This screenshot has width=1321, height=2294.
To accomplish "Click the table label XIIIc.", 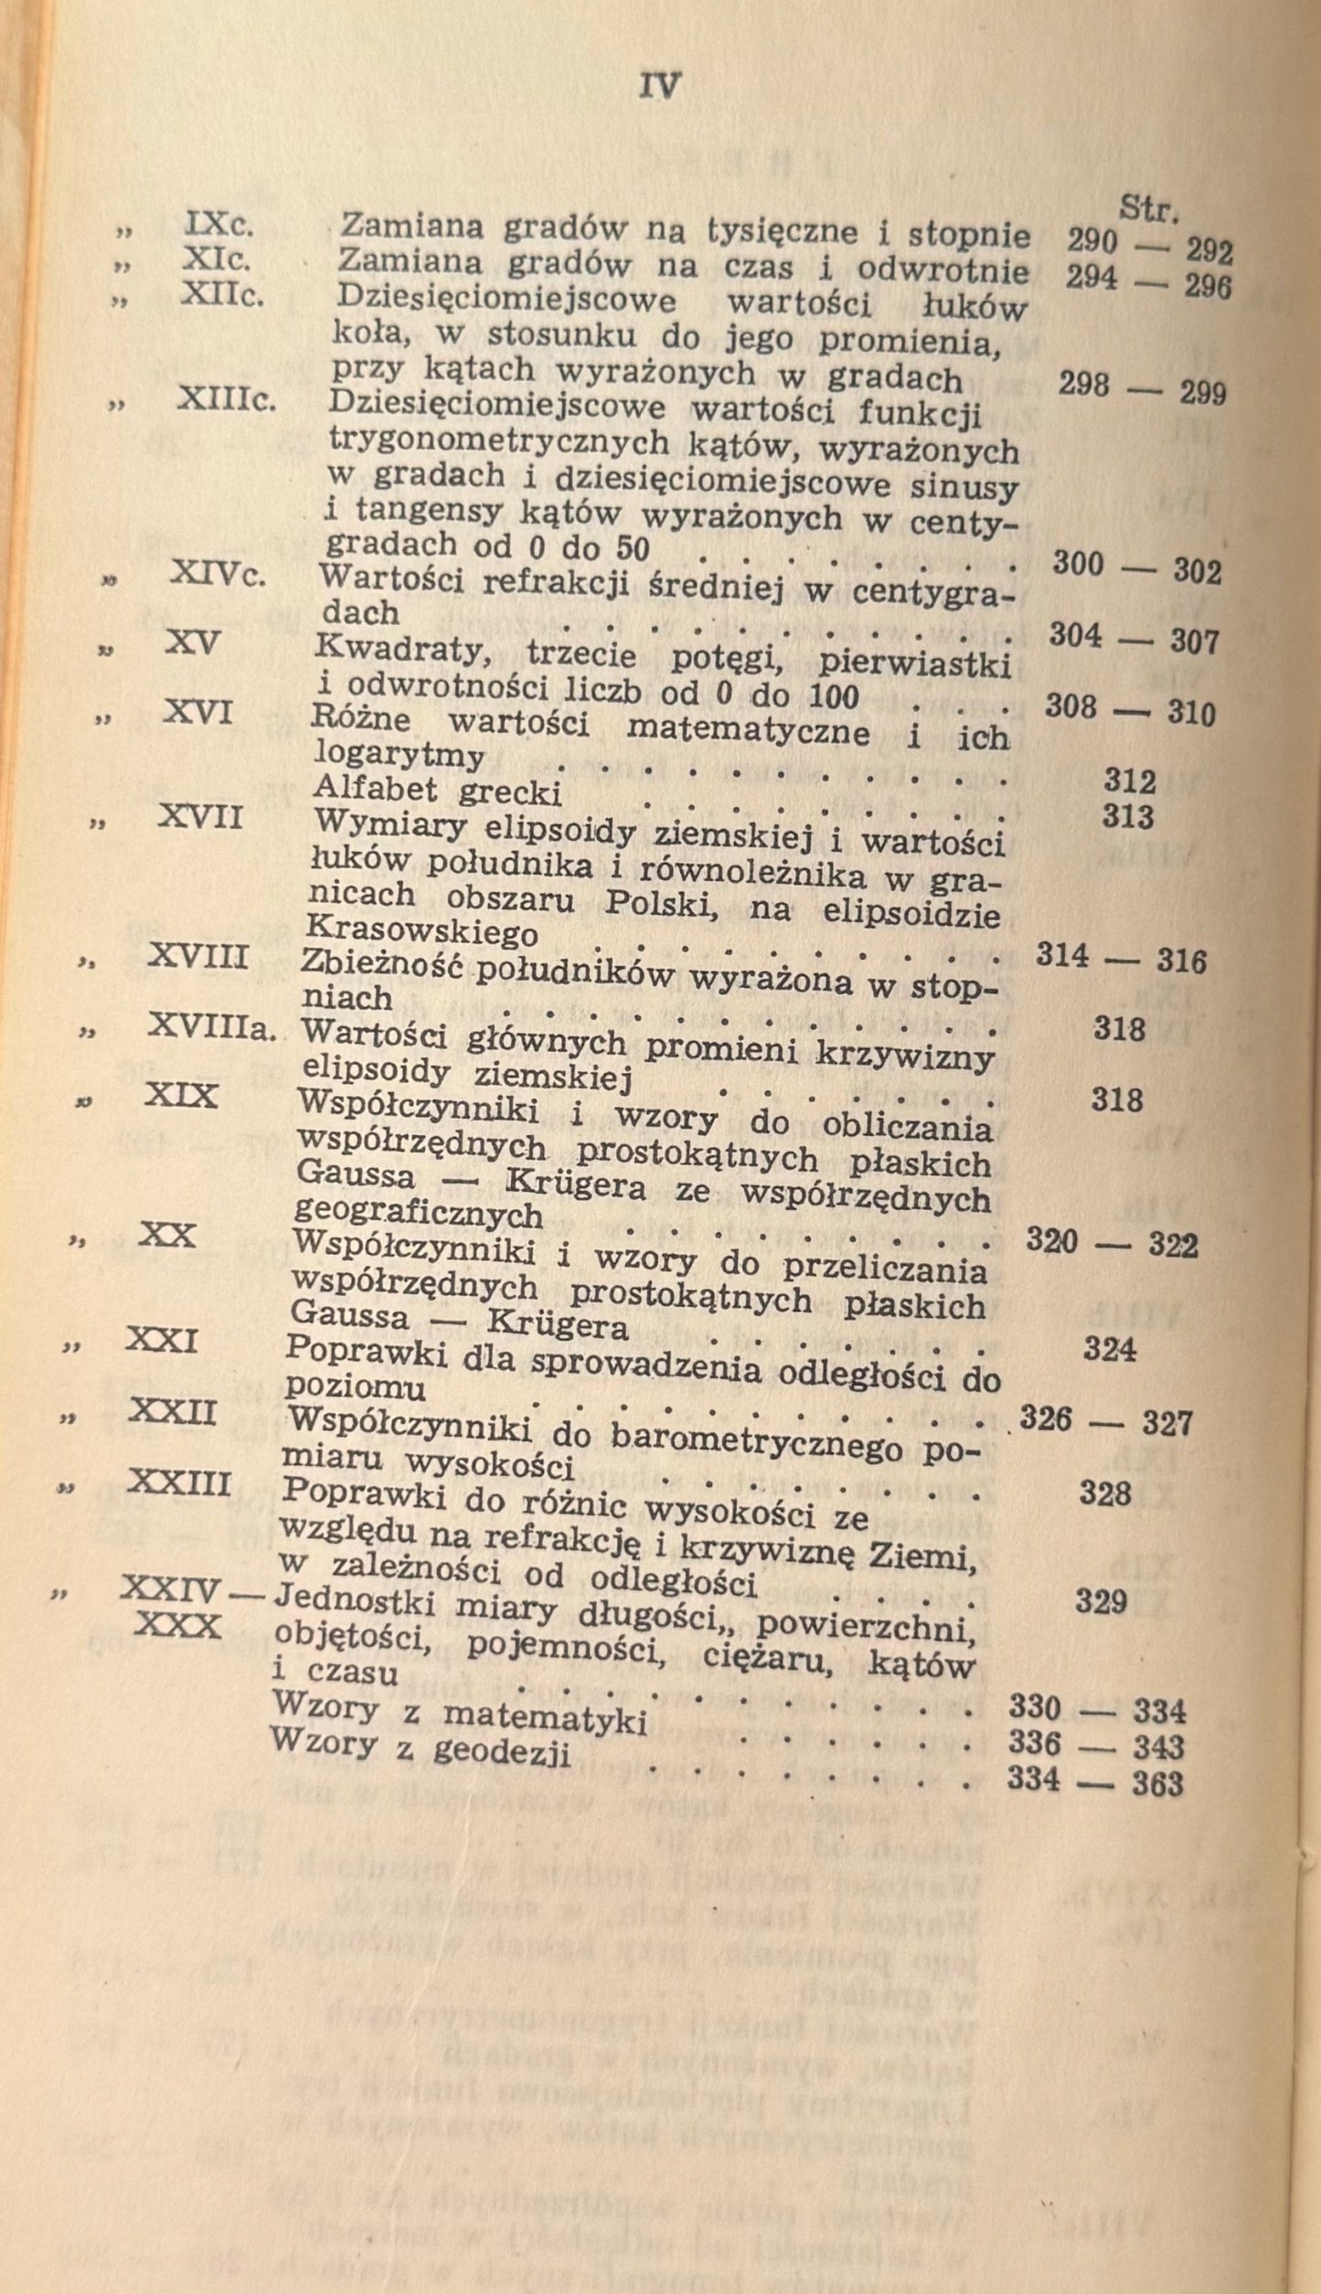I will coord(225,399).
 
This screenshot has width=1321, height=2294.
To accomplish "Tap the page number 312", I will coord(1129,781).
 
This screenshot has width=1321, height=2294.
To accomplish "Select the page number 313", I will coord(1127,816).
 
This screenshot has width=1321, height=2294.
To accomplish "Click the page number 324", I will coord(1109,1349).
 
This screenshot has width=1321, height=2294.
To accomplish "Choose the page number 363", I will coord(1156,1783).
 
